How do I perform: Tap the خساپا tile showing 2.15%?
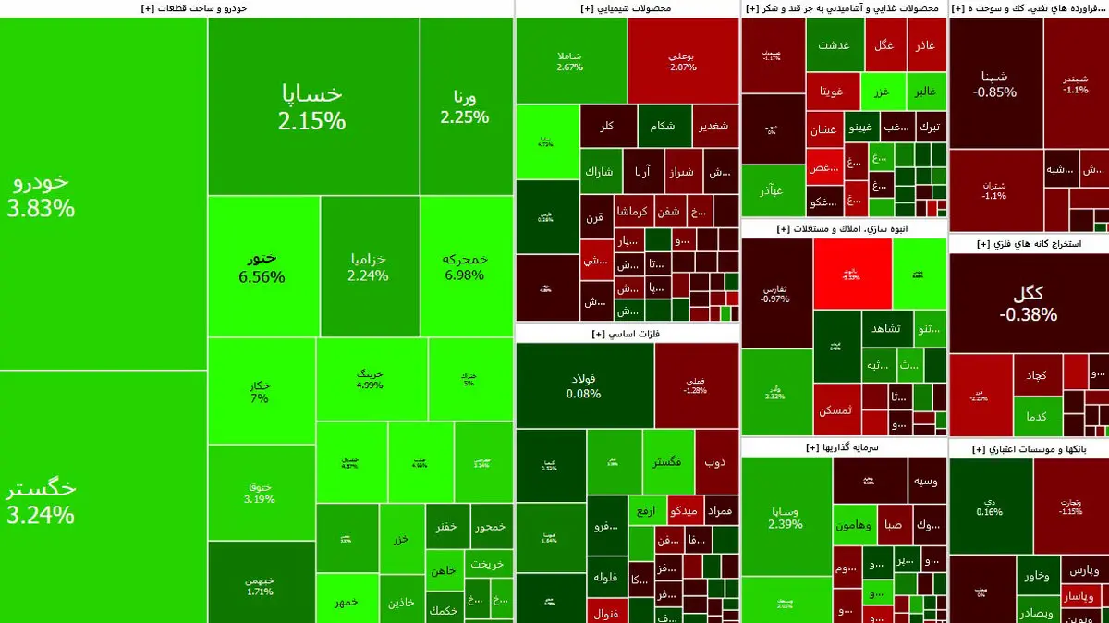tap(312, 106)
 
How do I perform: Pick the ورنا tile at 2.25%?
tap(465, 106)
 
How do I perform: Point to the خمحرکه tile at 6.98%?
tap(465, 267)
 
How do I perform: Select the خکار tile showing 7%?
tap(260, 391)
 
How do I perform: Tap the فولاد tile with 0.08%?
tap(584, 385)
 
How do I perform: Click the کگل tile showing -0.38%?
tap(1028, 303)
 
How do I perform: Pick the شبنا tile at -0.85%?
tap(994, 83)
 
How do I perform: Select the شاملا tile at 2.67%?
tap(570, 60)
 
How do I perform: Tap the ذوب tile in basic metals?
tap(715, 461)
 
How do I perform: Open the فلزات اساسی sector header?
tap(628, 334)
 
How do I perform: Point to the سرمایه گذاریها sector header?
tap(843, 447)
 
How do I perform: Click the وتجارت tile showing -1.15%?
tap(1070, 506)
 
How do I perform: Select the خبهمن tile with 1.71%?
tap(260, 584)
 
